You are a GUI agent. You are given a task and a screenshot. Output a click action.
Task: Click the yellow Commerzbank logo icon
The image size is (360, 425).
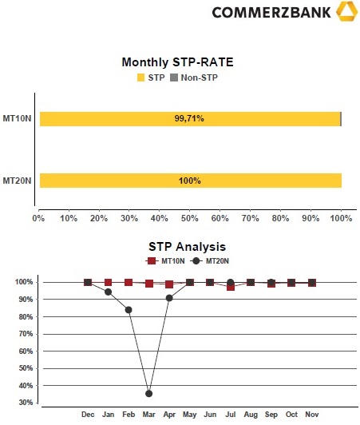pyautogui.click(x=346, y=11)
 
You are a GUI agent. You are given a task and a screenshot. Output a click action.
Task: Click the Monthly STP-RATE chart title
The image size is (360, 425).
pyautogui.click(x=177, y=62)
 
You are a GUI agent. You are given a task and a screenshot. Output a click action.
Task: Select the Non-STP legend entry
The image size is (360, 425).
pyautogui.click(x=194, y=77)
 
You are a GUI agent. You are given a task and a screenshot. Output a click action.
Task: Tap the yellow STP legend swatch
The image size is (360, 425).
pyautogui.click(x=140, y=77)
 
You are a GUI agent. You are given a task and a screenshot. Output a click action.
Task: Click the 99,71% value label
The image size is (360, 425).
pyautogui.click(x=189, y=118)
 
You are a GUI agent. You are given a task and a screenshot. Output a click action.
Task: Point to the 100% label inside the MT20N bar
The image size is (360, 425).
pyautogui.click(x=190, y=181)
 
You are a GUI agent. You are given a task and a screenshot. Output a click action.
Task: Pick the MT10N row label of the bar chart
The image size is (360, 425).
pyautogui.click(x=17, y=118)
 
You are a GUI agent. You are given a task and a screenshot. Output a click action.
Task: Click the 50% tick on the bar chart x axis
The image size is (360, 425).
pyautogui.click(x=190, y=218)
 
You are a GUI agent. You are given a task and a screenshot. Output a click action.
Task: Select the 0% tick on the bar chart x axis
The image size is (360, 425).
pyautogui.click(x=38, y=218)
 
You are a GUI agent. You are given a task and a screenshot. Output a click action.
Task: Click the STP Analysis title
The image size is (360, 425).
pyautogui.click(x=187, y=247)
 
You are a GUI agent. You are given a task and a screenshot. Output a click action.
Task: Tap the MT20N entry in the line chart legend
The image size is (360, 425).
pyautogui.click(x=210, y=261)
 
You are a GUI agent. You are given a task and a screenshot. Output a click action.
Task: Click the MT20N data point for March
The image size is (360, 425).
pyautogui.click(x=148, y=394)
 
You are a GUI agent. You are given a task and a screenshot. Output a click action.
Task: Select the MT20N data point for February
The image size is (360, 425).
pyautogui.click(x=129, y=310)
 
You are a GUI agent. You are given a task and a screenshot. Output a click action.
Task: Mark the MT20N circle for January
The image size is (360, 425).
pyautogui.click(x=108, y=292)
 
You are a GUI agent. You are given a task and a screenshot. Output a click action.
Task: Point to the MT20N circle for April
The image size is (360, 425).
pyautogui.click(x=169, y=298)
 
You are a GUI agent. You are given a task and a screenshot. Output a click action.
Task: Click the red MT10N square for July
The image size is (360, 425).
pyautogui.click(x=231, y=288)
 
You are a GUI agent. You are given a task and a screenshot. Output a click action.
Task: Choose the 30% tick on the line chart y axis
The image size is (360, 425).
pyautogui.click(x=26, y=403)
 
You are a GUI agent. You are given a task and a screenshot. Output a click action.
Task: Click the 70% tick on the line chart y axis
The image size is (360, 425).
pyautogui.click(x=26, y=334)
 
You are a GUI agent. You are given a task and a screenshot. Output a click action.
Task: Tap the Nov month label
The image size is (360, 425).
pyautogui.click(x=312, y=415)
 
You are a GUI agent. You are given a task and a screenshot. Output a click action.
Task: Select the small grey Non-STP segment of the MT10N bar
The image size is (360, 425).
pyautogui.click(x=341, y=119)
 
